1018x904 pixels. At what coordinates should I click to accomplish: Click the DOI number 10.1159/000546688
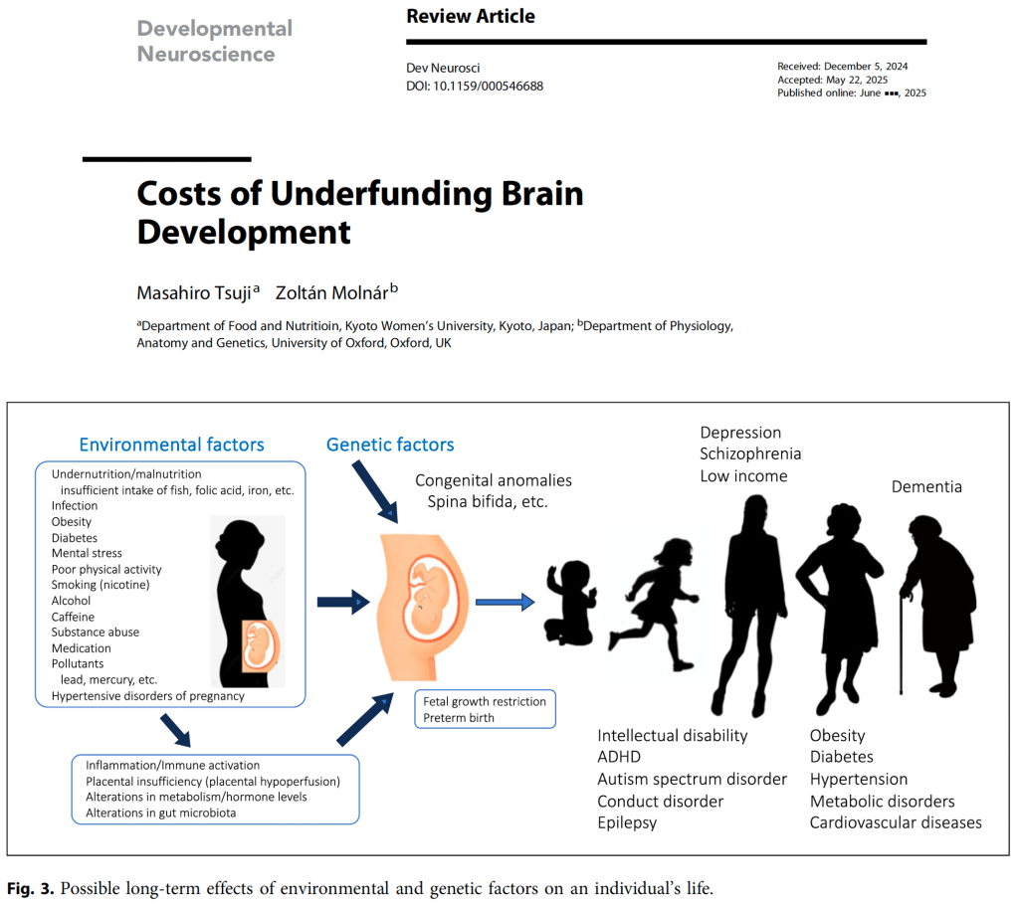488,86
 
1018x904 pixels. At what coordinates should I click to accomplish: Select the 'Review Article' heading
471,16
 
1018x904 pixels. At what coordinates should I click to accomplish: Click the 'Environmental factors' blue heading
171,445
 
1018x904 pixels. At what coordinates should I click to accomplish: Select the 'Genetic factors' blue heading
390,445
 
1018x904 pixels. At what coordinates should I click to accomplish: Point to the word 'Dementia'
926,486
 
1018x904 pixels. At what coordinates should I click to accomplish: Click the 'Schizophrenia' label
750,453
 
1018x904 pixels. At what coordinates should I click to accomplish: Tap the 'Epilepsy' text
627,822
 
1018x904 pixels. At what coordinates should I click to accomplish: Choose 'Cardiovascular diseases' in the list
896,822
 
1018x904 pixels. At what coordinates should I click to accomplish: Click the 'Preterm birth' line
459,718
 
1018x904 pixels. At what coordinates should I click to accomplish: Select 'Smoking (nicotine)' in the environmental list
101,585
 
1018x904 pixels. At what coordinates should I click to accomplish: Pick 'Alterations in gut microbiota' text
161,813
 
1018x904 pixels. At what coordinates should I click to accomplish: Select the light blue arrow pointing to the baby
505,601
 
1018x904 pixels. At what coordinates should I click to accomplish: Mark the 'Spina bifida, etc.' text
488,502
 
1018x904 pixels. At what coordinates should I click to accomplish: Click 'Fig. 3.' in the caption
29,888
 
